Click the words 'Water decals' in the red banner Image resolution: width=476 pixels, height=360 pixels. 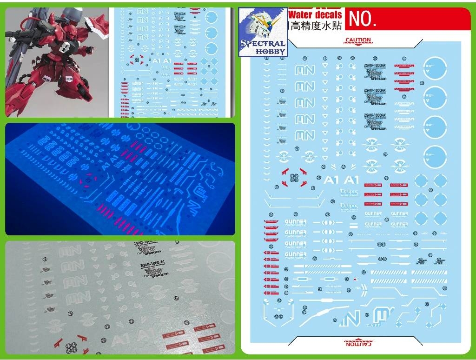point(315,15)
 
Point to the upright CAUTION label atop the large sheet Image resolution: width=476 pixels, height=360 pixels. point(358,40)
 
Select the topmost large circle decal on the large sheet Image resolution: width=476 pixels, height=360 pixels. point(435,68)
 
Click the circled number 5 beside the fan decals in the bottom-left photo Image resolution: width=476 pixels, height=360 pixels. point(70,313)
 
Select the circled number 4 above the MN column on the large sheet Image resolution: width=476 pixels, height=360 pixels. point(304,59)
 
